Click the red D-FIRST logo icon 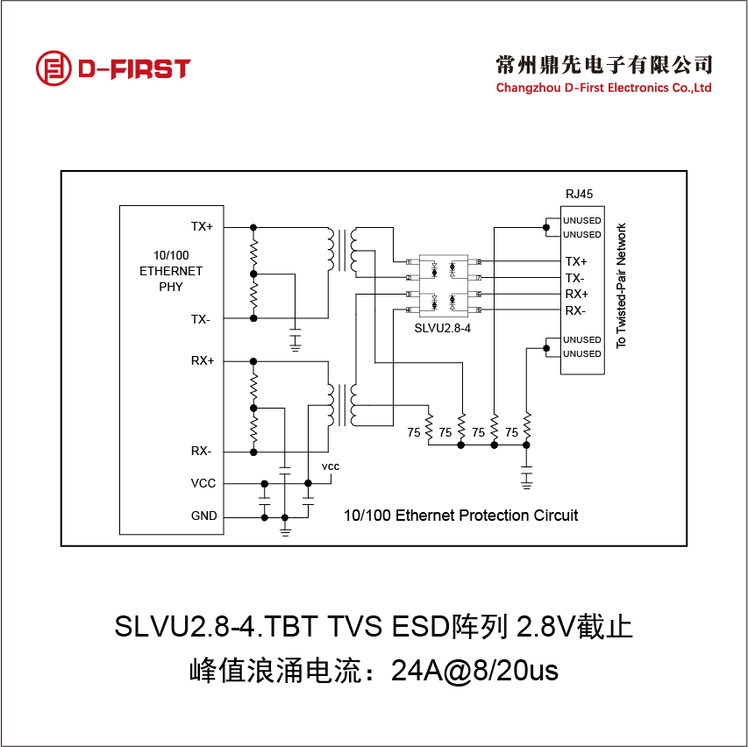tap(52, 68)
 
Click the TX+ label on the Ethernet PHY tap(202, 226)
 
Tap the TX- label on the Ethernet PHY tap(201, 319)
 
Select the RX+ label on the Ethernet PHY tap(203, 360)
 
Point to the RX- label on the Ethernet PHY tap(201, 452)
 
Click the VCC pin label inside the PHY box tap(203, 483)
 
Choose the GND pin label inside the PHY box tap(203, 516)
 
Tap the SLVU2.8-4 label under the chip tap(443, 327)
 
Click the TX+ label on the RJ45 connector tap(576, 261)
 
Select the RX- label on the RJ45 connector tap(575, 310)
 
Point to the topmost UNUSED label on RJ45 tap(582, 220)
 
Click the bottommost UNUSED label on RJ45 tap(582, 354)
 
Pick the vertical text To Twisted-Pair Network tap(622, 286)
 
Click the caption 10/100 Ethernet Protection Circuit tap(460, 516)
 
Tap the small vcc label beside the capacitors tap(330, 466)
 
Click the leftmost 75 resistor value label tap(414, 432)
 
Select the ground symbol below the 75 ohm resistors tap(526, 479)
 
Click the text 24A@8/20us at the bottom tap(474, 672)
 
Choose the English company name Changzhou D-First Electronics tap(603, 88)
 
